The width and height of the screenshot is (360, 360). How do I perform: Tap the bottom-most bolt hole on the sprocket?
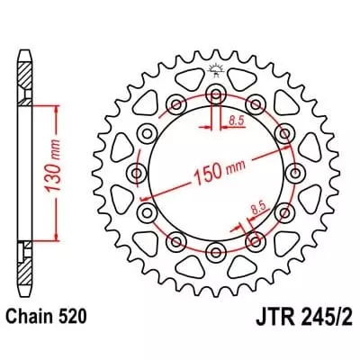216,248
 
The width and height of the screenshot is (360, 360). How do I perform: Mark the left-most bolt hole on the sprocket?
138,171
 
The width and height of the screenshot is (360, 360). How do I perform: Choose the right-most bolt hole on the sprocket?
293,171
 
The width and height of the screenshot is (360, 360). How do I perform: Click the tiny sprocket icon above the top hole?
216,71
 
